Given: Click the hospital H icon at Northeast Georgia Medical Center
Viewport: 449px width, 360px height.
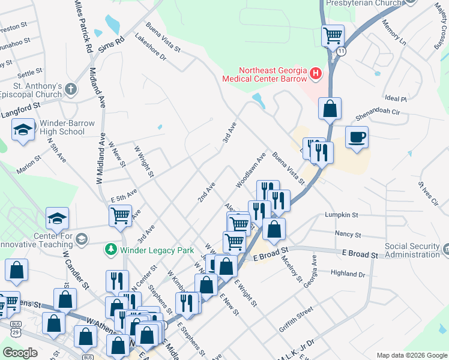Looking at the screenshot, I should [x=316, y=75].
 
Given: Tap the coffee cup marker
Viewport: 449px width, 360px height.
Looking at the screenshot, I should [x=357, y=137].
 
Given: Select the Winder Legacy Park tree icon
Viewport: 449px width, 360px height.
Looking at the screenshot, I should [x=111, y=248].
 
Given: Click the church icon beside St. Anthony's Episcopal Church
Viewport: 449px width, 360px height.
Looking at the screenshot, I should [x=71, y=90].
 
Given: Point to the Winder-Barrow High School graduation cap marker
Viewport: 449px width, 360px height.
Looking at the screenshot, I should [x=23, y=130].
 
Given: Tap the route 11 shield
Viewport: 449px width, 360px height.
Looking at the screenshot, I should [x=342, y=52].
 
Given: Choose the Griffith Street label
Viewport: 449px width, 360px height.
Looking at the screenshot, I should [x=296, y=318].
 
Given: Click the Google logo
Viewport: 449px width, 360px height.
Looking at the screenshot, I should [x=20, y=353].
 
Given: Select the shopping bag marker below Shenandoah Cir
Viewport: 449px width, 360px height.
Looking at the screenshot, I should [x=330, y=109].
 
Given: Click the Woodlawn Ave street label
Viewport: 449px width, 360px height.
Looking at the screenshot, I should [x=251, y=170].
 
